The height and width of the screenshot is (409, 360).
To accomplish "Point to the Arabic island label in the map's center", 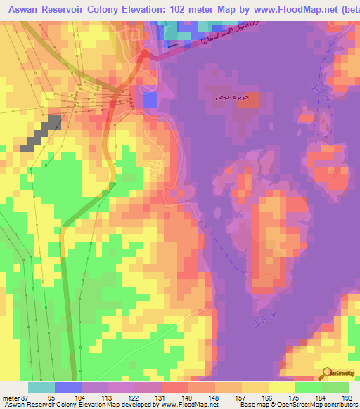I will pyautogui.click(x=230, y=97).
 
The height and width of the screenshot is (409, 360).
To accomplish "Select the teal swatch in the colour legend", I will pyautogui.click(x=41, y=387).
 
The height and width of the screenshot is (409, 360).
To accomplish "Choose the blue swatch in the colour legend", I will pyautogui.click(x=67, y=387).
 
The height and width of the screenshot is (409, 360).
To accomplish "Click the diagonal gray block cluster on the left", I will pyautogui.click(x=41, y=134).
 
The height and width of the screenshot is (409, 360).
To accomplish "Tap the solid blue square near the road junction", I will pyautogui.click(x=150, y=100).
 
